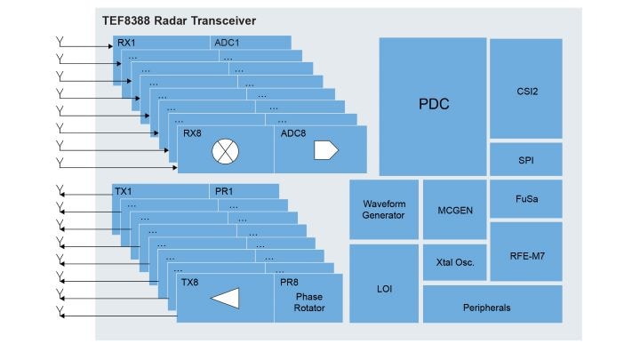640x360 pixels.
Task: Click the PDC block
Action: tap(433, 105)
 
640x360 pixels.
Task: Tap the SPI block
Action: tap(525, 159)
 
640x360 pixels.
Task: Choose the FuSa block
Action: tap(525, 199)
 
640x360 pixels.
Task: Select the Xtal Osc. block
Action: tap(454, 262)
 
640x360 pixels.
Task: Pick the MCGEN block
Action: tap(454, 210)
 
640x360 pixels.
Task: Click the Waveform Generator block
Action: tap(383, 210)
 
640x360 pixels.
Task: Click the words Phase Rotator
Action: tap(309, 303)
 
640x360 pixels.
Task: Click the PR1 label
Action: tap(223, 191)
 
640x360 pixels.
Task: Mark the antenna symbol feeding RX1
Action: tap(60, 44)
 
